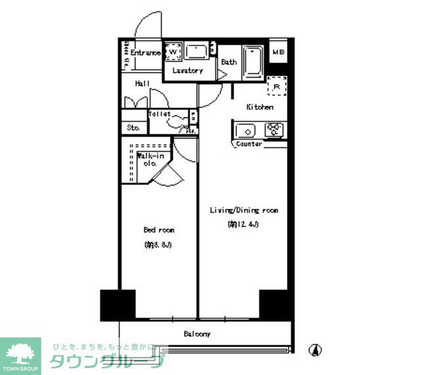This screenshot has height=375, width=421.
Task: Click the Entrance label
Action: (145, 53)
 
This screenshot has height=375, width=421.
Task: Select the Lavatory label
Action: (187, 71)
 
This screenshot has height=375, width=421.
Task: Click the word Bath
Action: (229, 63)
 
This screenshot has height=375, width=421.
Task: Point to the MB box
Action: (278, 53)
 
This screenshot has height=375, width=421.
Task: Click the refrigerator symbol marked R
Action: (277, 86)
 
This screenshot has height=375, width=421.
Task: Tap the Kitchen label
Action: (260, 107)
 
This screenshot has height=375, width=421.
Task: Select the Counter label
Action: (249, 144)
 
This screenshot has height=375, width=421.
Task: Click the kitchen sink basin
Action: (247, 129)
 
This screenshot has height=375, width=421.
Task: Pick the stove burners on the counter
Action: (274, 129)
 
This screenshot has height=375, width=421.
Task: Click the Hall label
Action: (143, 84)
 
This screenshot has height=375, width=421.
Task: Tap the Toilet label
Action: (160, 114)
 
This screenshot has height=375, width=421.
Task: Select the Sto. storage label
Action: (133, 127)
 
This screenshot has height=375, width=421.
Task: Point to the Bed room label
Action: (159, 230)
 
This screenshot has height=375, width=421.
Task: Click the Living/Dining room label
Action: (243, 210)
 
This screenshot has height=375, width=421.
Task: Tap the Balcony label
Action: (197, 334)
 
